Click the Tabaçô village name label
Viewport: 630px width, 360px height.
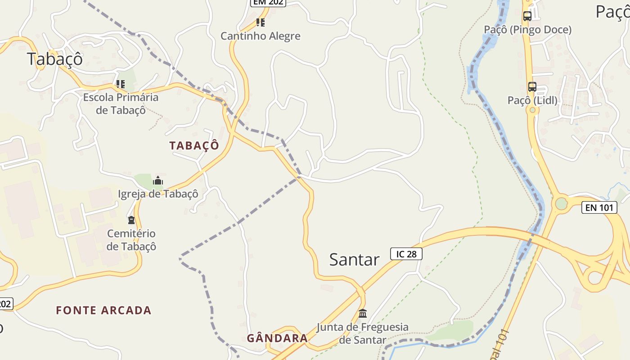point(55,59)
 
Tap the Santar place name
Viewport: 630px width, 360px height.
point(354,260)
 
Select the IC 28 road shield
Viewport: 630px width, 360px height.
point(406,254)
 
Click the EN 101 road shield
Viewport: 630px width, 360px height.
point(599,207)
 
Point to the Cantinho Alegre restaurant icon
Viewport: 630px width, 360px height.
point(260,22)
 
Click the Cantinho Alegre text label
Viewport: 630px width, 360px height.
point(260,36)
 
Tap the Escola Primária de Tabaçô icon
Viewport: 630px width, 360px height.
point(120,84)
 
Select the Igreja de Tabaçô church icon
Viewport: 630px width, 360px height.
point(157,181)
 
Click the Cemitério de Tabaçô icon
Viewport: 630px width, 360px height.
point(131,220)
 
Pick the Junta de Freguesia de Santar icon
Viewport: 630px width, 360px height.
point(363,313)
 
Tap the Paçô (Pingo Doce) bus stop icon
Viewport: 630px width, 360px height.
point(527,16)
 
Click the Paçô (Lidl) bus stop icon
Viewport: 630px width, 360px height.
point(532,87)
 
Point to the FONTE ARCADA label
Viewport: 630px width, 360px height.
point(103,310)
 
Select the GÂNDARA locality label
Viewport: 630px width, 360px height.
point(277,338)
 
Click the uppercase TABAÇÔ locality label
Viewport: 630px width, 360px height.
point(194,146)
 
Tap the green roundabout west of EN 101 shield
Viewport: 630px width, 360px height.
point(561,204)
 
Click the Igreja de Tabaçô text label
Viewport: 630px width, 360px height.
point(158,194)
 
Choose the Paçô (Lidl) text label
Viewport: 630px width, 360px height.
point(532,100)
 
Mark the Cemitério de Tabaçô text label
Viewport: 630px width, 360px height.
point(131,240)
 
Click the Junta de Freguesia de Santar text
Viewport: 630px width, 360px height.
point(363,333)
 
